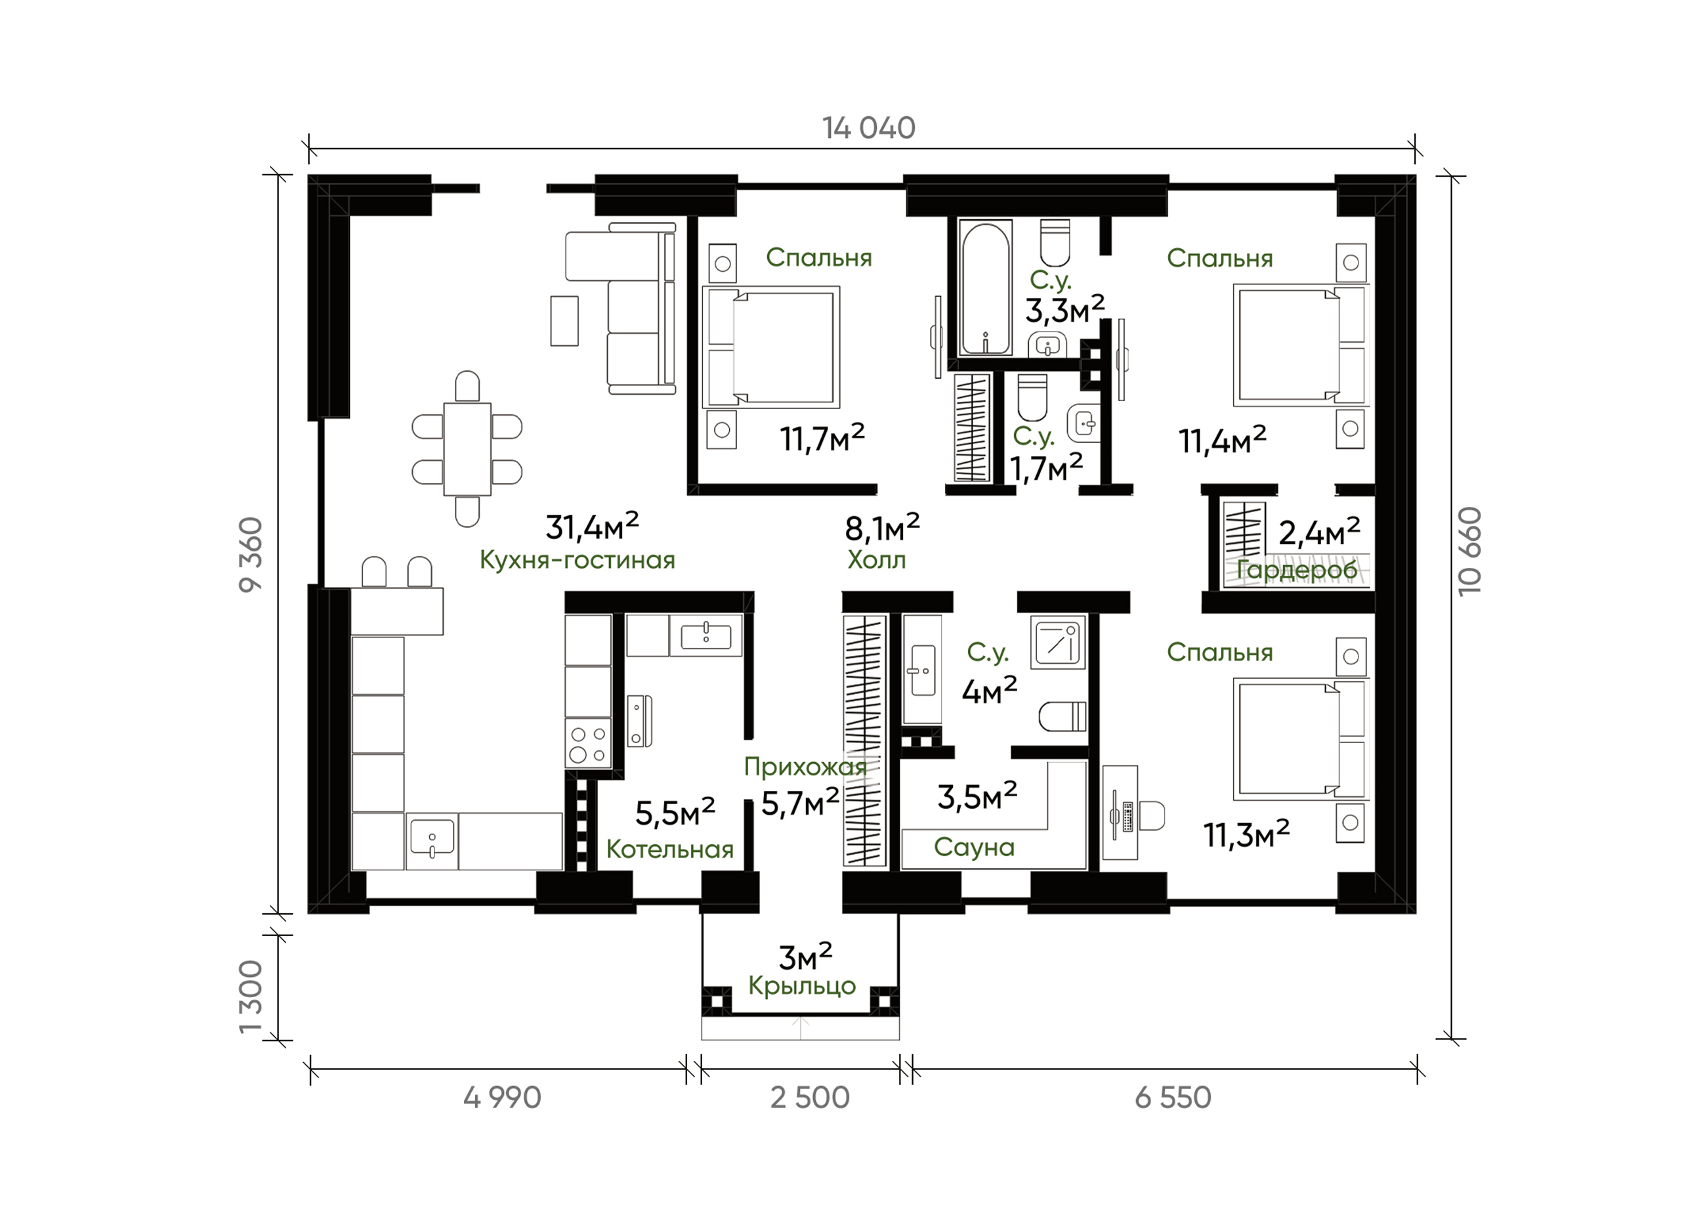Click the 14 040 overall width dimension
click(868, 129)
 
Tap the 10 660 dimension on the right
click(1469, 551)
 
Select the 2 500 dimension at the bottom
click(810, 1098)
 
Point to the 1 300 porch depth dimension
click(251, 997)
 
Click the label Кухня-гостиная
click(578, 560)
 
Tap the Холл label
click(877, 560)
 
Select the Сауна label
click(975, 848)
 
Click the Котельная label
click(670, 849)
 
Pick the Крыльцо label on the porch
click(802, 986)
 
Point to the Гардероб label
click(1297, 570)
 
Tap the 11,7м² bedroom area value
click(822, 438)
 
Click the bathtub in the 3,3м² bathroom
click(985, 288)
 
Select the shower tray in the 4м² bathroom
click(1059, 642)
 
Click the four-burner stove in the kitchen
click(588, 743)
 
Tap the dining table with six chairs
click(467, 449)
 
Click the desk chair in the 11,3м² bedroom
click(1152, 817)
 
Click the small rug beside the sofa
click(564, 320)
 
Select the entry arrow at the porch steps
click(801, 1028)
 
